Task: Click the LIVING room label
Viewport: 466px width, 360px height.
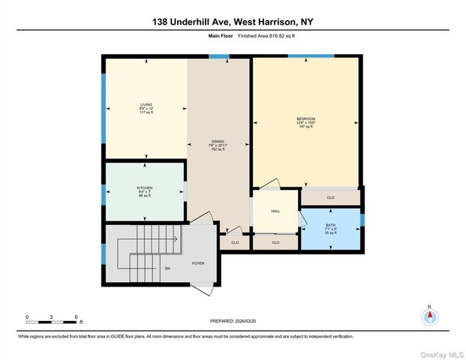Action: point(146,104)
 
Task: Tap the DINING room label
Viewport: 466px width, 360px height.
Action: point(218,141)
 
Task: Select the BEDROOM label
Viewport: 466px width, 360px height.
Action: point(305,118)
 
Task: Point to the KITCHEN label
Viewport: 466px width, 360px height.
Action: point(145,187)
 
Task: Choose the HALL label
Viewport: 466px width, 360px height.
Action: point(275,211)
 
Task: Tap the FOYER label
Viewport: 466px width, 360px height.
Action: point(198,263)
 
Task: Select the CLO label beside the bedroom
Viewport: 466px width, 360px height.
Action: point(330,198)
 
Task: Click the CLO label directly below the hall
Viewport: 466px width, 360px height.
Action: point(275,242)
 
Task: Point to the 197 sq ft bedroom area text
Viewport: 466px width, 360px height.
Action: point(305,127)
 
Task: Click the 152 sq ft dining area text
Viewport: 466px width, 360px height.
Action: point(218,150)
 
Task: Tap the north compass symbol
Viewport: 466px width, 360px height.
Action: point(429,316)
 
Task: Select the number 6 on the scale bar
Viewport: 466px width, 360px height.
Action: point(76,317)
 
